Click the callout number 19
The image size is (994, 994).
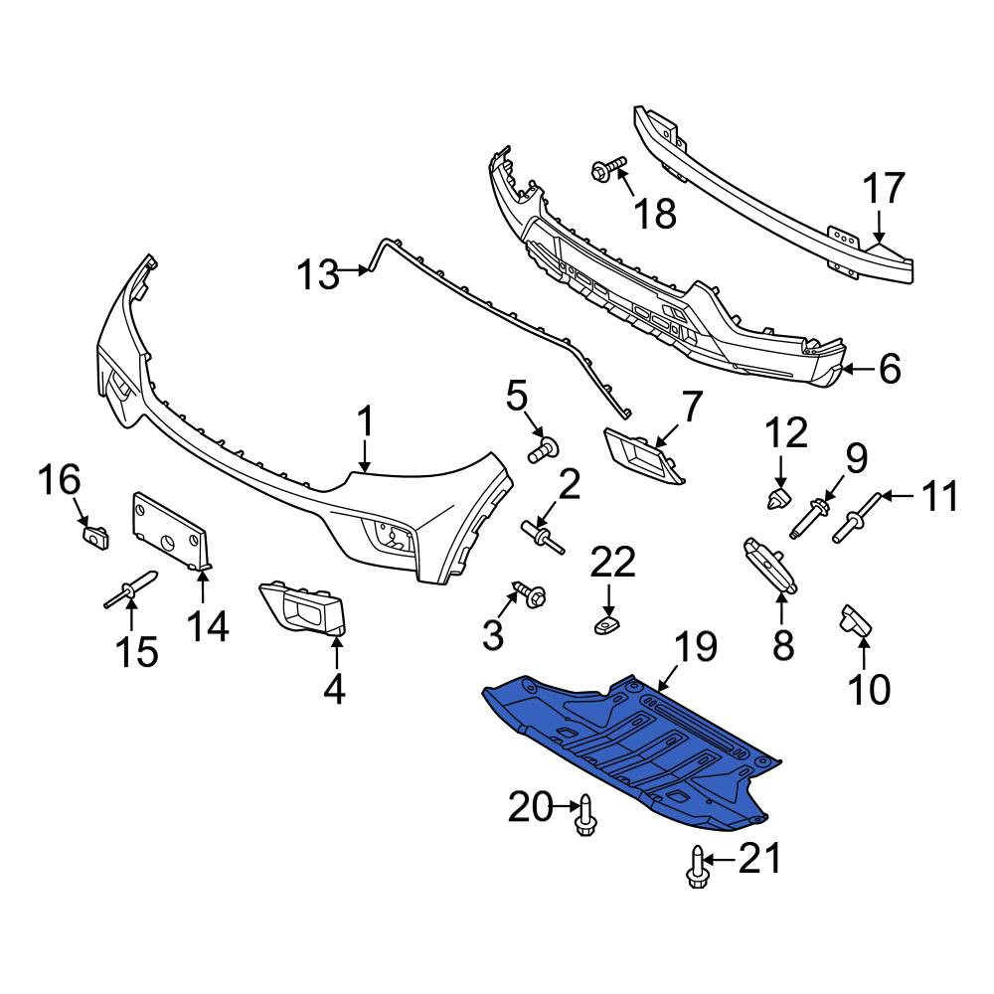(x=696, y=648)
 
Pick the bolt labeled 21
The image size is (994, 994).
(x=696, y=866)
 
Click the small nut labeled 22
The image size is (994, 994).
(x=607, y=625)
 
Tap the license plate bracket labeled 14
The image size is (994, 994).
(x=171, y=531)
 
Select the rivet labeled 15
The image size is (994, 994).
(x=130, y=588)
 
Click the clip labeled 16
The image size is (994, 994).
(x=95, y=537)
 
